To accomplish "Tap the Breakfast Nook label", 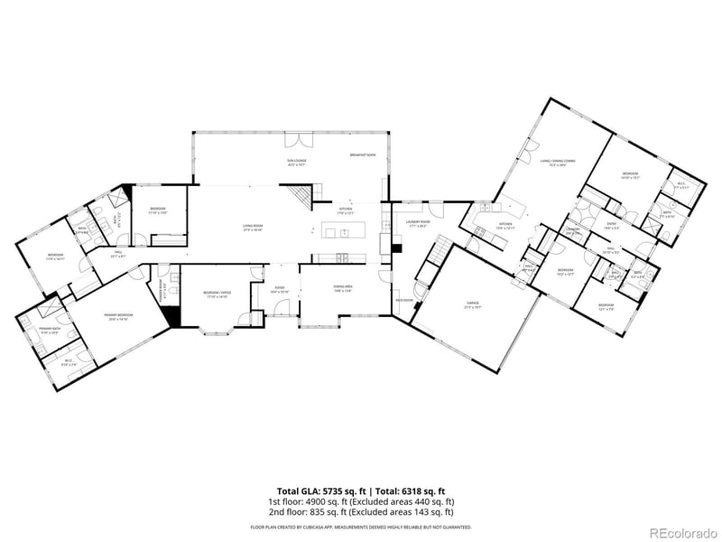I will point(363,155).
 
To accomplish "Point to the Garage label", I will point(472,304).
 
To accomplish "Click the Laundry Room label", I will point(416,222).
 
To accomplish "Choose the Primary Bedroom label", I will point(120,317).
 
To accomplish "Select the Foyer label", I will point(281,290).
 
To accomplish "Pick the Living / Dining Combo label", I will point(558,163).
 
